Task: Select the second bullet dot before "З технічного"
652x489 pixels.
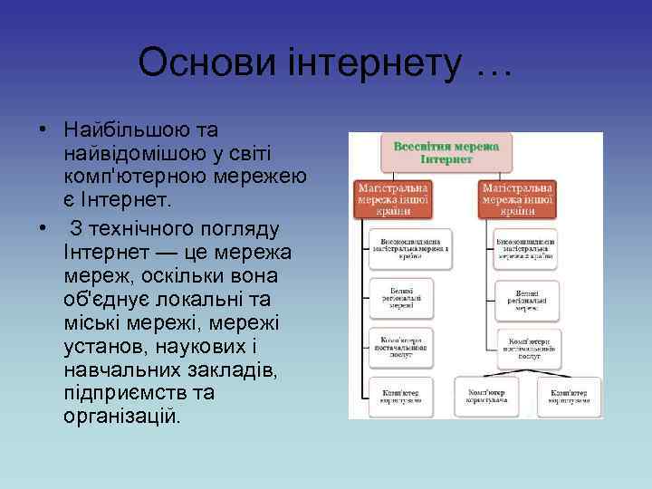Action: tap(42, 226)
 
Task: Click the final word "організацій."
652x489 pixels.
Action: tap(122, 417)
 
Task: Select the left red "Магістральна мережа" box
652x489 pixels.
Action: tap(393, 197)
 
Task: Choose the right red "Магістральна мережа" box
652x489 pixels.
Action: tap(518, 197)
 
